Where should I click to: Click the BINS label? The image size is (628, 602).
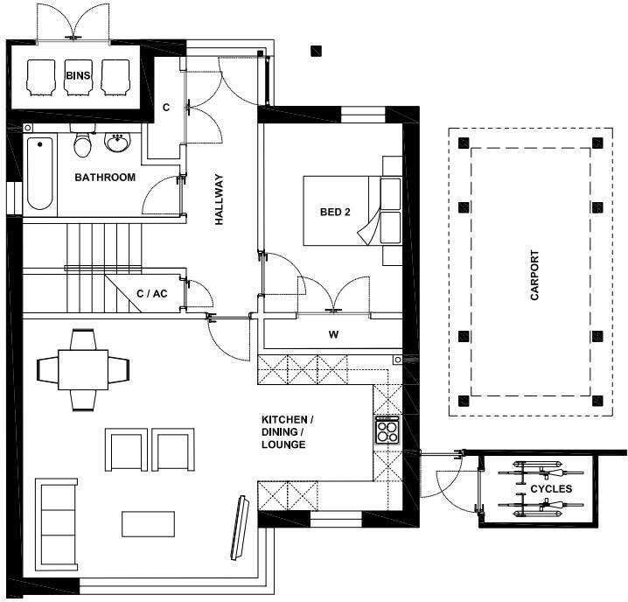tap(78, 75)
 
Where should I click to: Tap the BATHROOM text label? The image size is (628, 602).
tap(105, 177)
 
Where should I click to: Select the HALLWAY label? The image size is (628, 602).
tap(219, 199)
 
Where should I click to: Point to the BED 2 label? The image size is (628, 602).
tap(335, 212)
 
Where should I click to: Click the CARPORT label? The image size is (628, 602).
tap(534, 276)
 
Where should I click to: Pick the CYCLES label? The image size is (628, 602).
tap(551, 489)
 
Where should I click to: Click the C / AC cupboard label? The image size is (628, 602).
tap(152, 294)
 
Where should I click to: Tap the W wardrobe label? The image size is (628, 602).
tap(333, 334)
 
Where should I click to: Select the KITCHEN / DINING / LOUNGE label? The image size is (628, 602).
tap(287, 432)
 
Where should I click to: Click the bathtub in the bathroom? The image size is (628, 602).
tap(40, 173)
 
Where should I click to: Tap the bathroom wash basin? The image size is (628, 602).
tap(118, 143)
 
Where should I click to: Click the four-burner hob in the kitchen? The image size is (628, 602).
tap(387, 430)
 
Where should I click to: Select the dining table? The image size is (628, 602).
tap(83, 370)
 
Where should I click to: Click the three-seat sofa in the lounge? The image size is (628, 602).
tap(57, 525)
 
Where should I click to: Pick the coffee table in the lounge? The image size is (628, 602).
tap(148, 524)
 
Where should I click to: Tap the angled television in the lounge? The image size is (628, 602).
tap(241, 528)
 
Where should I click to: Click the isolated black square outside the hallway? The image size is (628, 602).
tap(317, 51)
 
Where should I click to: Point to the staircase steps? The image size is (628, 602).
tap(104, 268)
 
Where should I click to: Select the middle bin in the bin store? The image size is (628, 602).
tap(79, 77)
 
